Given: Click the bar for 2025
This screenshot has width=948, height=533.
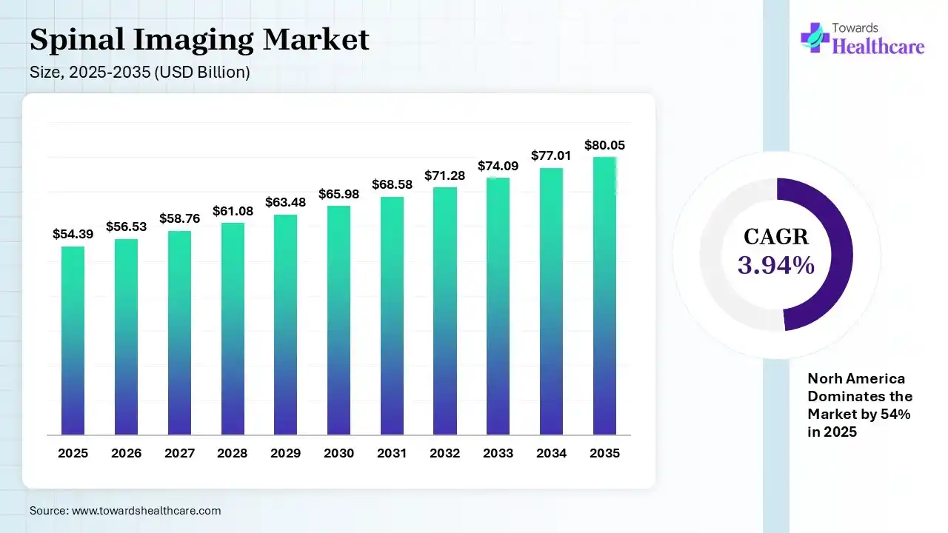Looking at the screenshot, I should tap(73, 341).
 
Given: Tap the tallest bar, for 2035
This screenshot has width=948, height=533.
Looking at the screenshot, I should tap(604, 296).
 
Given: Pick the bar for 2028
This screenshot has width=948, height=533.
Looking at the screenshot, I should tap(233, 329).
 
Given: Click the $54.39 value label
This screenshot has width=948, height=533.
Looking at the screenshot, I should tap(73, 234).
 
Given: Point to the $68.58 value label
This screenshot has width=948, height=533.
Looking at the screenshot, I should tap(392, 184).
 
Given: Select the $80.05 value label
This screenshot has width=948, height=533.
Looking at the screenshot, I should tap(604, 145).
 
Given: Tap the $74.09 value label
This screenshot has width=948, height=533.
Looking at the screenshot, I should tap(498, 166).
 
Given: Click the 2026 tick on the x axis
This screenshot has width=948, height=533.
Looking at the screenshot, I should tap(126, 453).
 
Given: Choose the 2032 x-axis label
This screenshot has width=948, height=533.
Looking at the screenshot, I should tap(445, 453).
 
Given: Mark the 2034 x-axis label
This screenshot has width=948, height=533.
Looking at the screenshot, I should tap(551, 453).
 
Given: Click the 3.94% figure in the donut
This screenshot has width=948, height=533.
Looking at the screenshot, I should tap(776, 265).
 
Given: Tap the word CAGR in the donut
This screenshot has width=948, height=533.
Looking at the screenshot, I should tap(776, 237).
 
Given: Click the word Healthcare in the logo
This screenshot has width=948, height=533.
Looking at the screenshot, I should tap(878, 47).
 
